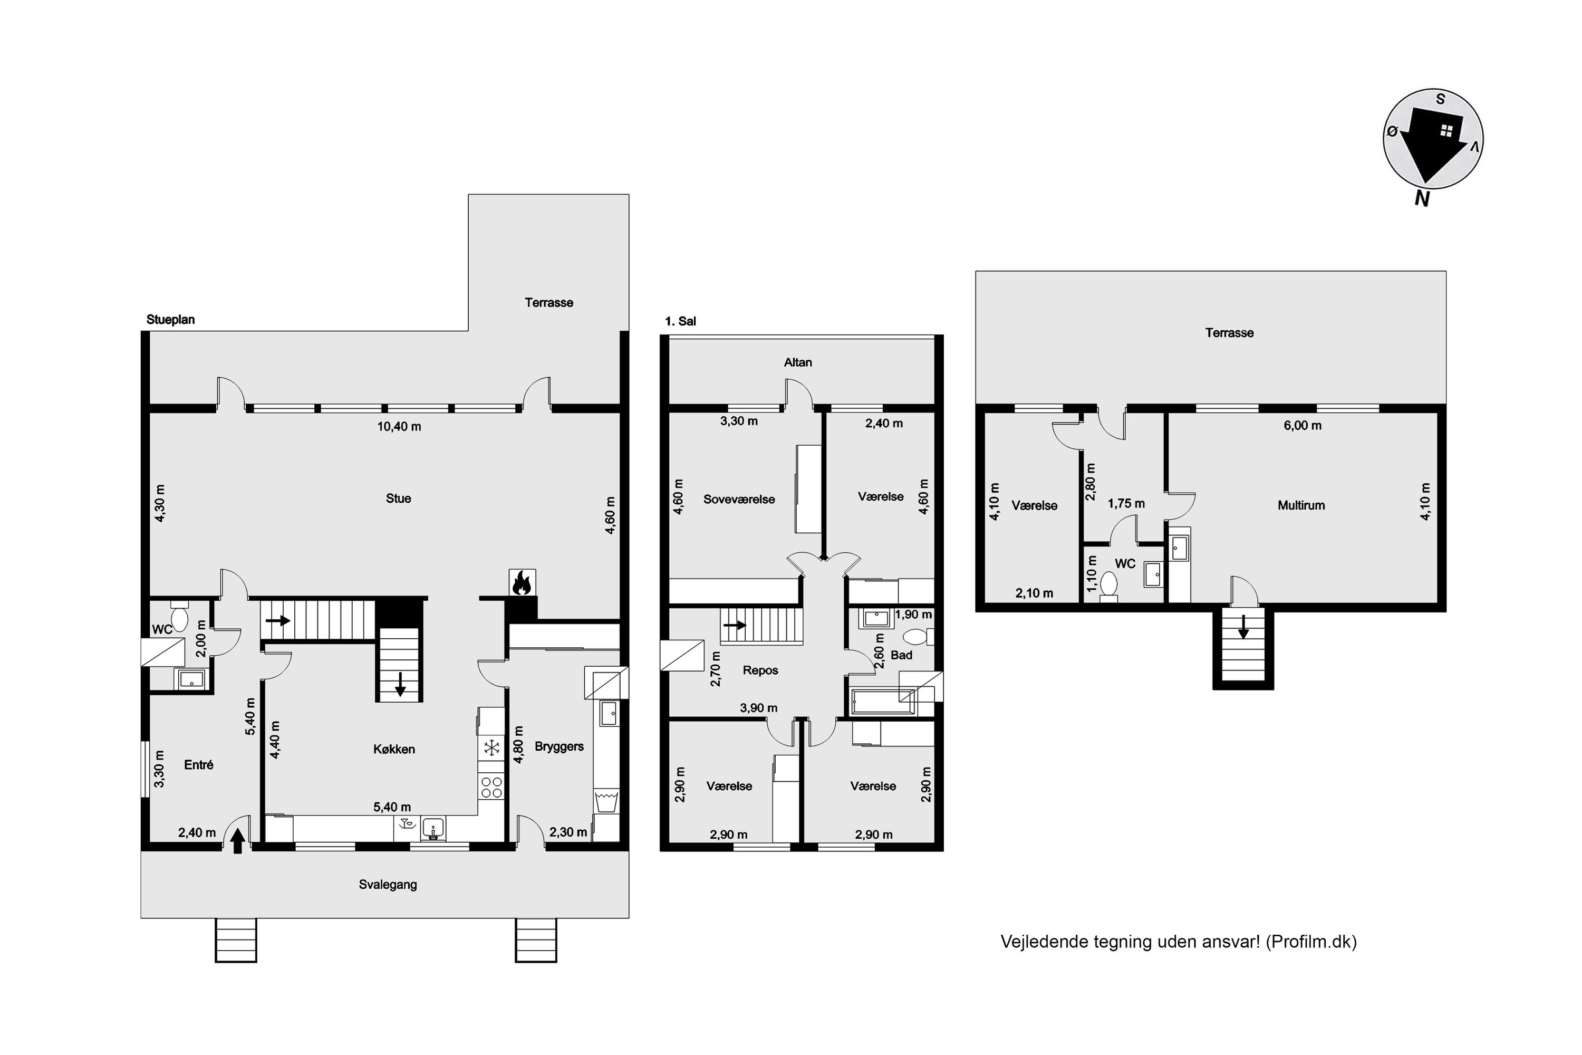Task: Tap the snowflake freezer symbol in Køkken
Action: tap(491, 747)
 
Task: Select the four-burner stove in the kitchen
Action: tap(491, 787)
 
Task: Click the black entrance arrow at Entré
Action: tap(237, 841)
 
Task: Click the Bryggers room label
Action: tap(559, 746)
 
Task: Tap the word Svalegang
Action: tap(388, 885)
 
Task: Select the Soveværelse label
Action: tap(739, 499)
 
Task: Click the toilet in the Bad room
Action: tap(918, 637)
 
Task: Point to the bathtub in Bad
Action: tap(882, 702)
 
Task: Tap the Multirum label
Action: tap(1301, 505)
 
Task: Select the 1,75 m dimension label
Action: tap(1126, 503)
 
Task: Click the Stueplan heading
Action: tap(171, 320)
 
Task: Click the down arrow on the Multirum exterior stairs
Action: tap(1243, 627)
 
